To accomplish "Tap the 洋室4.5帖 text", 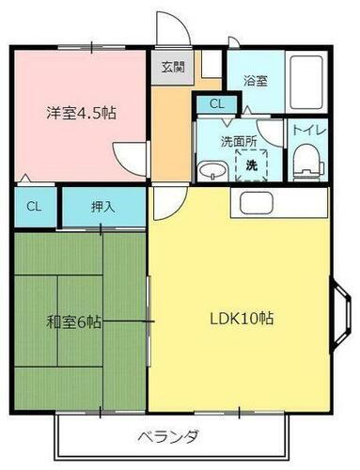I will pos(81,112).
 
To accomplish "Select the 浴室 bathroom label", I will pos(257,81).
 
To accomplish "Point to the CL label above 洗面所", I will pos(217,103).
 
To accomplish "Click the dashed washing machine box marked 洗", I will pos(251,164).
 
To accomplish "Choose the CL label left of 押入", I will pos(33,206).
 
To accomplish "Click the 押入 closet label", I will pos(103,206).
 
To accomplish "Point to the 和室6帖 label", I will pos(74,322).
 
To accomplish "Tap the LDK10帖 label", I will pos(241,318).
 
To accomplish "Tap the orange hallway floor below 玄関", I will pos(173,132).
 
